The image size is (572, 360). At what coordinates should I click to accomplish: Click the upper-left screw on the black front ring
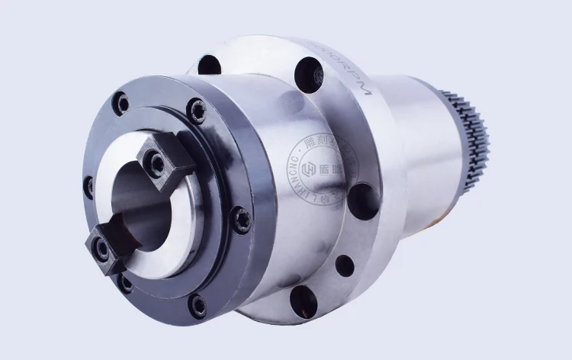tap(121, 103)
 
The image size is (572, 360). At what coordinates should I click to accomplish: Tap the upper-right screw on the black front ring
tap(198, 111)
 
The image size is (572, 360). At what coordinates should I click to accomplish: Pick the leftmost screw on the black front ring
tap(89, 185)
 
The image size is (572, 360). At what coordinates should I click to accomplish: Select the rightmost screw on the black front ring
tap(242, 220)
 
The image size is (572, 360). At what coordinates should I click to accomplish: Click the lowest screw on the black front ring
tap(198, 307)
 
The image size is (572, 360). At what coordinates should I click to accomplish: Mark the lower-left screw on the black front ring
tap(125, 283)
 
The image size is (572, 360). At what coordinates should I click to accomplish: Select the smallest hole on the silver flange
tap(345, 265)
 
